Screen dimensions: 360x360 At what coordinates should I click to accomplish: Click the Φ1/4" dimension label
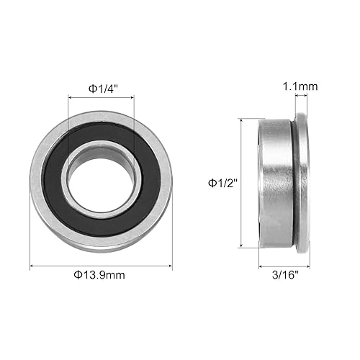tap(102, 88)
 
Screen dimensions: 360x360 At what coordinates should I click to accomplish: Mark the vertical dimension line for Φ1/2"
tap(242, 183)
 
